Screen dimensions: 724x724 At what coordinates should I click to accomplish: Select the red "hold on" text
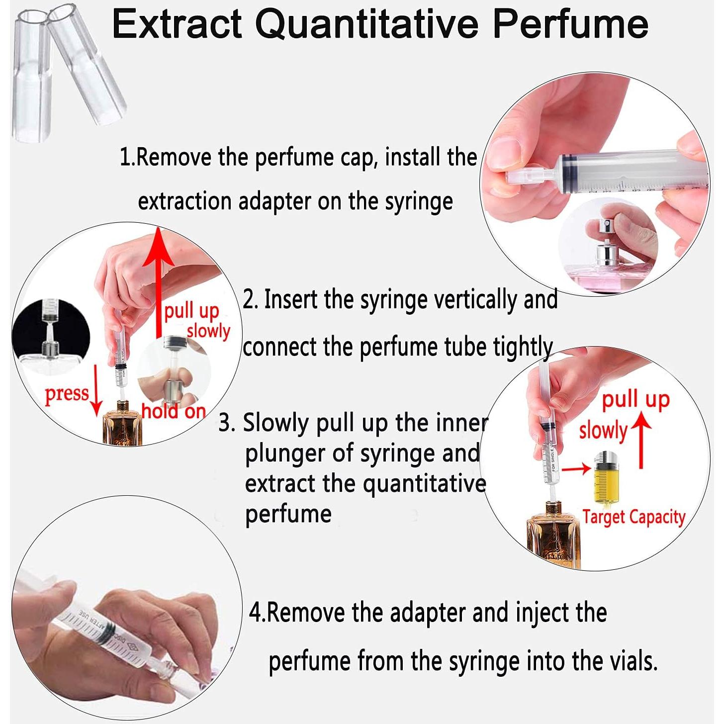coord(174,411)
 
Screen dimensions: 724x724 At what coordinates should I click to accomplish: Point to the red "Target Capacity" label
coord(633,517)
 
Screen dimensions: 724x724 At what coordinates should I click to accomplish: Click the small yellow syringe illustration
coord(604,478)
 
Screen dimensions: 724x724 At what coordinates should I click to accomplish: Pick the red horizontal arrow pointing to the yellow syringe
coord(576,467)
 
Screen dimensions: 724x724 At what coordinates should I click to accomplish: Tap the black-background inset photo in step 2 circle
coord(50,333)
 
